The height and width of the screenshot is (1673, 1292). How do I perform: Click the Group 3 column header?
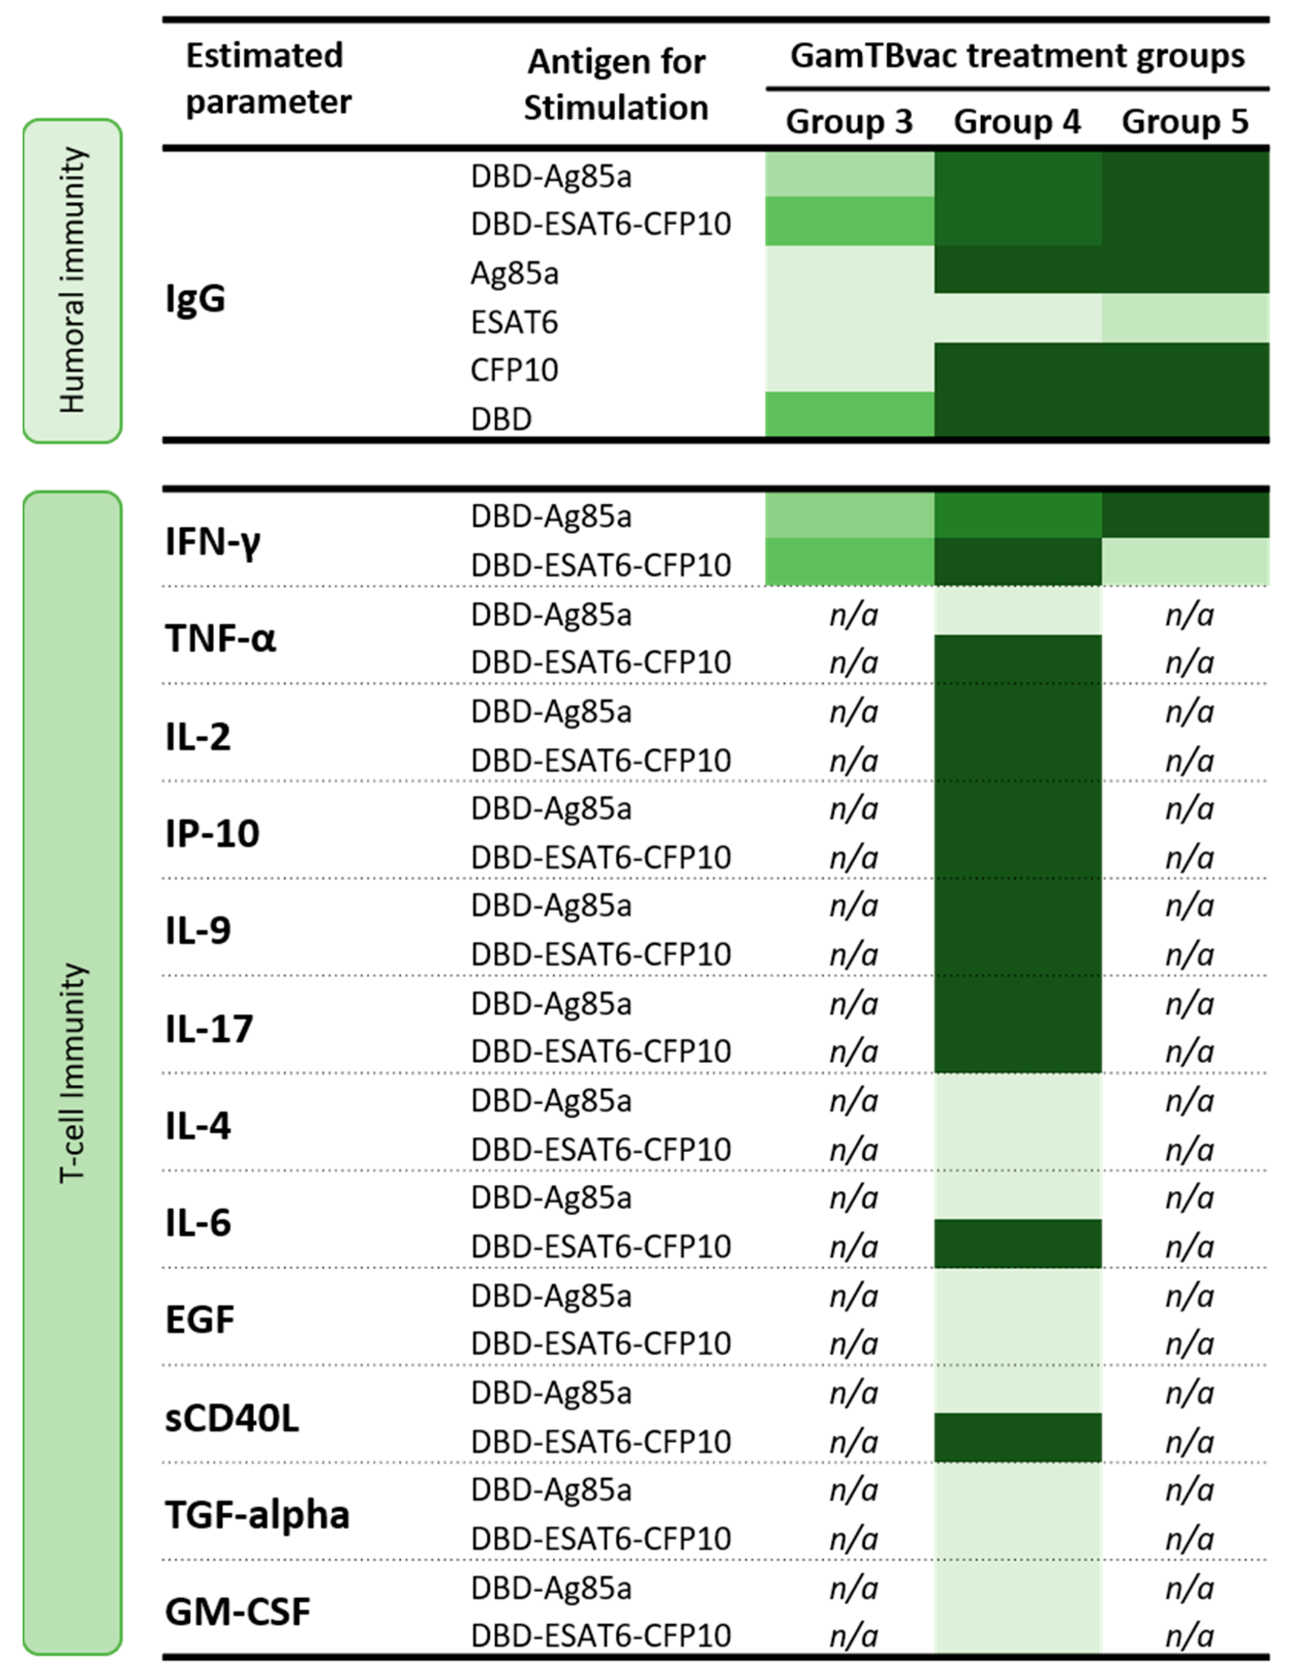click(x=849, y=122)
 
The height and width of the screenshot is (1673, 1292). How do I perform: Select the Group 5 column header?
click(x=1185, y=122)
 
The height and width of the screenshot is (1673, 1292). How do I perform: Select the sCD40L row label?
click(x=232, y=1418)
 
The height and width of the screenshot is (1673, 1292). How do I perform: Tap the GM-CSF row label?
click(x=237, y=1611)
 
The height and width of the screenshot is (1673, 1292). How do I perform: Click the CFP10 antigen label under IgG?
click(x=514, y=371)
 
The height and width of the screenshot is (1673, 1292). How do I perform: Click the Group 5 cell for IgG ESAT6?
click(x=1185, y=318)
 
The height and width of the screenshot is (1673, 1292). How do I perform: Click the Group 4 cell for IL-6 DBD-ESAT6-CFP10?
click(x=1017, y=1244)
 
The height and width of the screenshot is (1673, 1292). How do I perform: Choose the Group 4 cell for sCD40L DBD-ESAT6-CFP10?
click(x=1017, y=1438)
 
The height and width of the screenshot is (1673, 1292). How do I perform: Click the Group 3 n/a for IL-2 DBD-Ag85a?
click(x=853, y=711)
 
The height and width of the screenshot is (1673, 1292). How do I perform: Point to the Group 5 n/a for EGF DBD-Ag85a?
click(x=1189, y=1296)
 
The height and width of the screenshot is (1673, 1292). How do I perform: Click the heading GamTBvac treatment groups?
click(x=1017, y=56)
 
